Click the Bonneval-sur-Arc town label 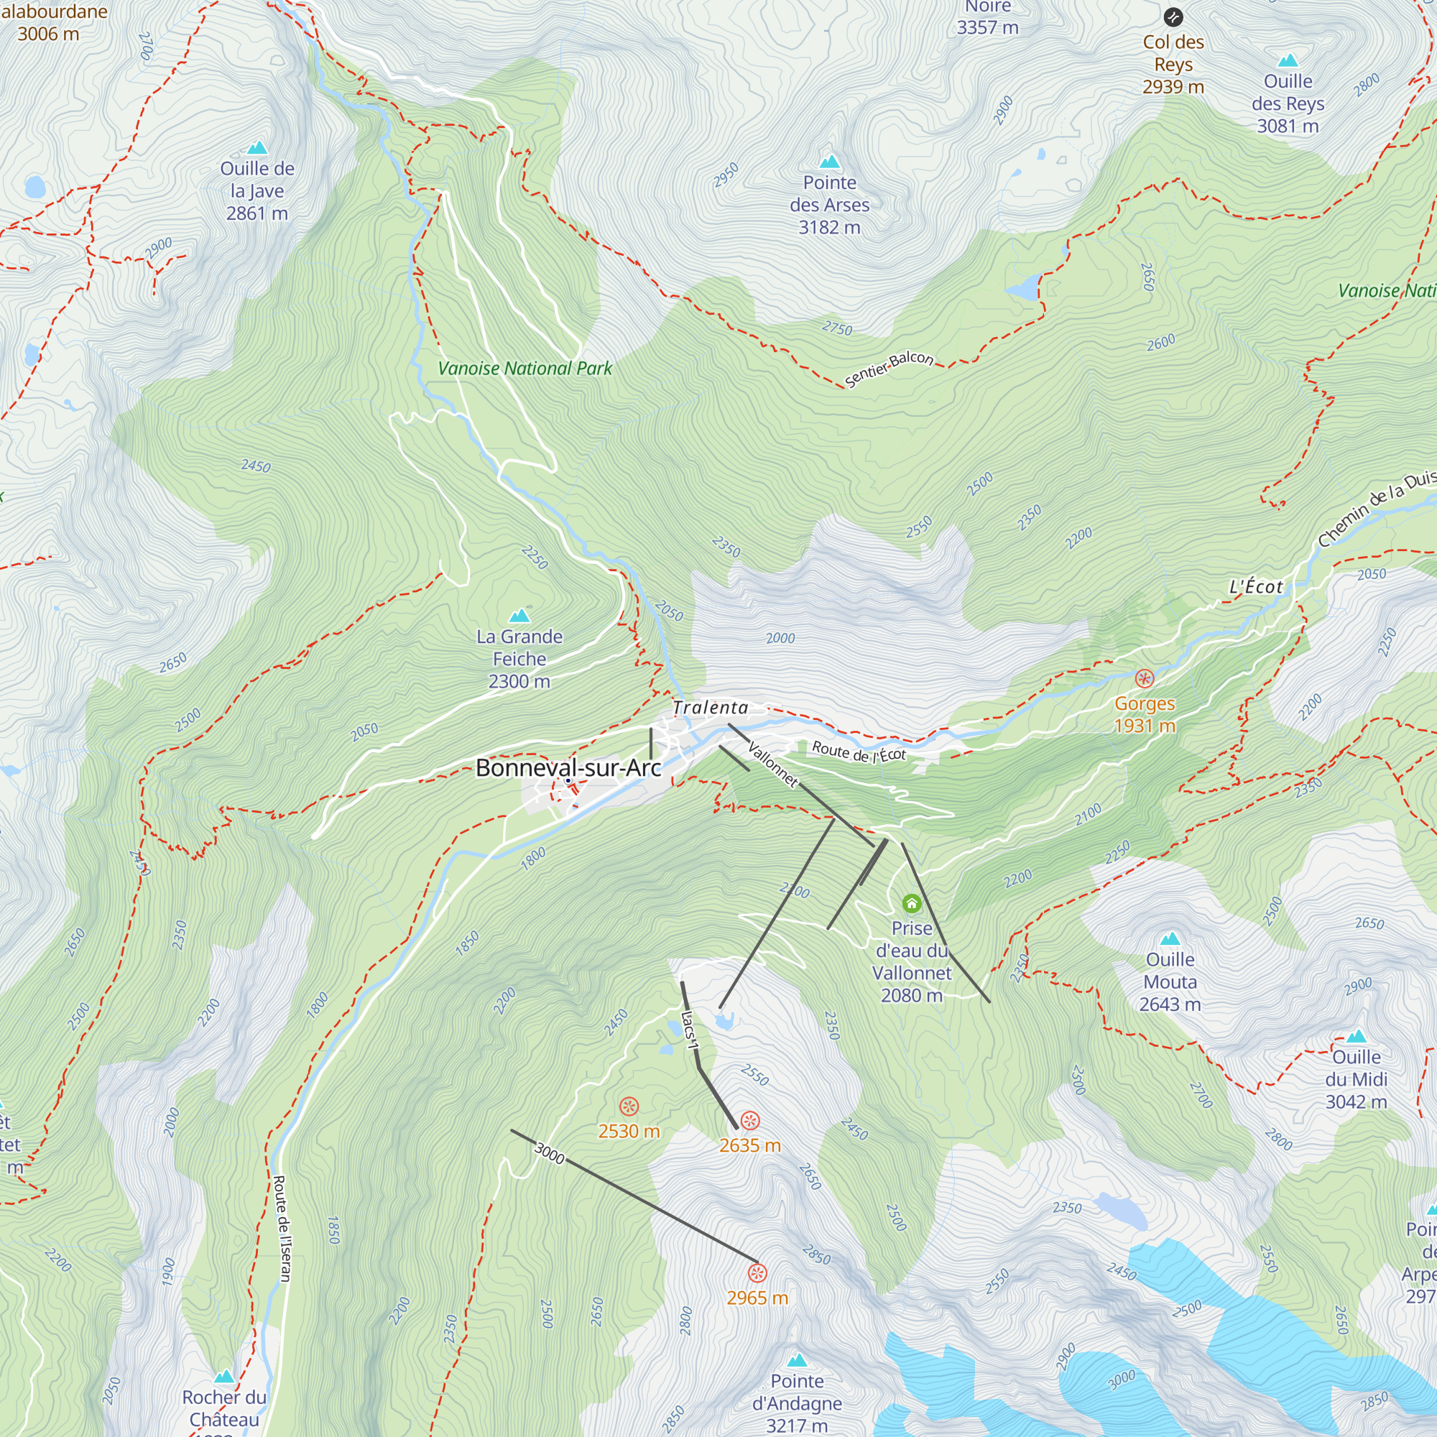pos(568,767)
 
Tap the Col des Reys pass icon pos(1173,17)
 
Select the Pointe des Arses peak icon pos(829,162)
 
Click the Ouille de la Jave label pos(257,190)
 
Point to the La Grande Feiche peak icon pos(519,616)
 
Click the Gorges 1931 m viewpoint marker pos(1144,678)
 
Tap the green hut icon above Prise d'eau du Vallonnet pos(912,904)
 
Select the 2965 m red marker pos(757,1272)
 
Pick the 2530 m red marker pos(629,1106)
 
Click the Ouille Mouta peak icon pos(1170,938)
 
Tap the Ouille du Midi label pos(1356,1078)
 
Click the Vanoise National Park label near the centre pos(525,368)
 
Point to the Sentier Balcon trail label pos(890,368)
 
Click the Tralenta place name pos(711,707)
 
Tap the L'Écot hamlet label pos(1255,587)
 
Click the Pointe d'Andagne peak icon pos(798,1360)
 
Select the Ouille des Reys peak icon pos(1288,60)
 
